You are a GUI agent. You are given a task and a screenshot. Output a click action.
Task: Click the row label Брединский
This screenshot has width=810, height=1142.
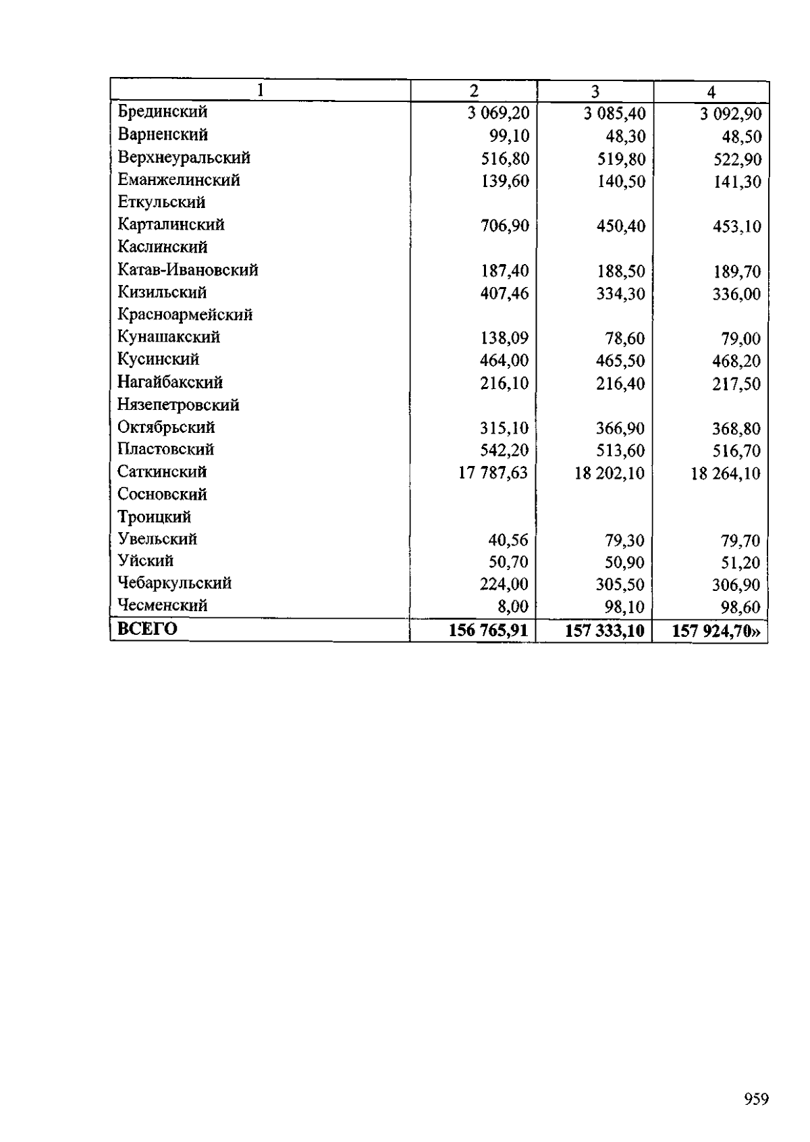coord(162,111)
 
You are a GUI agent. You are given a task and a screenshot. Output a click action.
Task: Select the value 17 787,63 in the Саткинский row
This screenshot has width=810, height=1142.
coord(493,473)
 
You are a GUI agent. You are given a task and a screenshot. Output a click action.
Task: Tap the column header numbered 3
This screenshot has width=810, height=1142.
coord(595,91)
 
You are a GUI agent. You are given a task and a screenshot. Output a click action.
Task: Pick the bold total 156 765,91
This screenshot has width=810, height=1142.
coord(488,631)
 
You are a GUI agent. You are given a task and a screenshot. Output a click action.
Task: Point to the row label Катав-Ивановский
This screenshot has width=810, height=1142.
coord(188,270)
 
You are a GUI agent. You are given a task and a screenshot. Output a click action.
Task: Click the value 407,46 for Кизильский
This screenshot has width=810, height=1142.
coord(504,293)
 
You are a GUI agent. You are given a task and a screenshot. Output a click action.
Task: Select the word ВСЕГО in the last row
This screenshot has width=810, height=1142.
coord(147,629)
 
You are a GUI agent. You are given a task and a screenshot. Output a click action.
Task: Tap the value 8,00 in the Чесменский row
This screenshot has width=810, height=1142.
coord(512,606)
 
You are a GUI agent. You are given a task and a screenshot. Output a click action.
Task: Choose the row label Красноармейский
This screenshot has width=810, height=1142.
coord(185,315)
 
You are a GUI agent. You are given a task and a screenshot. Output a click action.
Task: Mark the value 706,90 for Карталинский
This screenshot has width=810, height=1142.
coord(504,226)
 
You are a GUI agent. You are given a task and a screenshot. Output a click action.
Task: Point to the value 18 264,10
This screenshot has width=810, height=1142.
coord(726,473)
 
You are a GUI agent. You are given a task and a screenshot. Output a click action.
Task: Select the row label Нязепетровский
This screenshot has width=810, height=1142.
coord(178,405)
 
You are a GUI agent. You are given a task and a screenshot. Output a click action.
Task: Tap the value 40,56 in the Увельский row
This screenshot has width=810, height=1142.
coord(508,540)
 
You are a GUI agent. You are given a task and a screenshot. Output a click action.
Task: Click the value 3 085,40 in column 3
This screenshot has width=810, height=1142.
coord(614,113)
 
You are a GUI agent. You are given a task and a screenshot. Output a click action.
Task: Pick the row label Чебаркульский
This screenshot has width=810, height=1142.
coord(174,583)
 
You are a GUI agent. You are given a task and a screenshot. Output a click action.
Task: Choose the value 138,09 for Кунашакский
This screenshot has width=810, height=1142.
coord(504,338)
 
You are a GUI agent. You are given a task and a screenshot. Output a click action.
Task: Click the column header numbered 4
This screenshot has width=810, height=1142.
coord(711,92)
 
